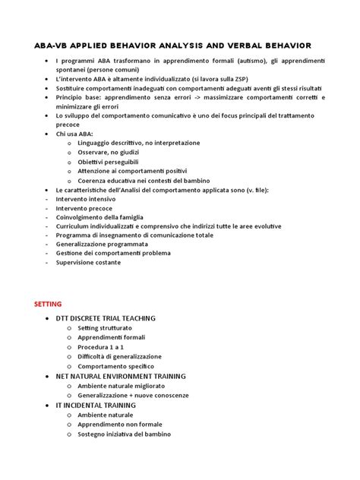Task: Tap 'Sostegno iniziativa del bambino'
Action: pyautogui.click(x=124, y=434)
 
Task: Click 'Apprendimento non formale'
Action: pyautogui.click(x=120, y=425)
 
